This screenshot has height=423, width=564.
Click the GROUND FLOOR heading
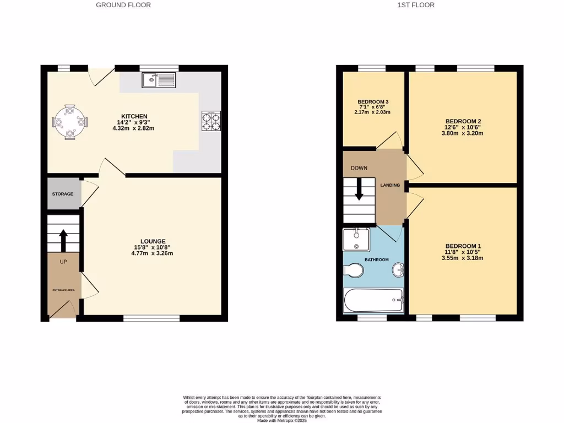(x=123, y=5)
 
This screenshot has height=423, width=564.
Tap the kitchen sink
(x=158, y=80)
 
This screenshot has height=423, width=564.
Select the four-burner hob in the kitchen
(x=211, y=121)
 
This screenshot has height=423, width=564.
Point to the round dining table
(x=70, y=121)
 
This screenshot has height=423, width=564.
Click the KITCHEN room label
(x=134, y=116)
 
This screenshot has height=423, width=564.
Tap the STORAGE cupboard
(x=63, y=194)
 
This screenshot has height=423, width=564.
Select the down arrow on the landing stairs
(x=359, y=191)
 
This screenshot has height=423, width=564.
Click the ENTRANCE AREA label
(x=62, y=290)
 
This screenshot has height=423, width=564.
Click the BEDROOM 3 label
(x=373, y=102)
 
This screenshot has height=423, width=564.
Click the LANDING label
(x=390, y=185)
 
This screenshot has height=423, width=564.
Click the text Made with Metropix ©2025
(x=281, y=420)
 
